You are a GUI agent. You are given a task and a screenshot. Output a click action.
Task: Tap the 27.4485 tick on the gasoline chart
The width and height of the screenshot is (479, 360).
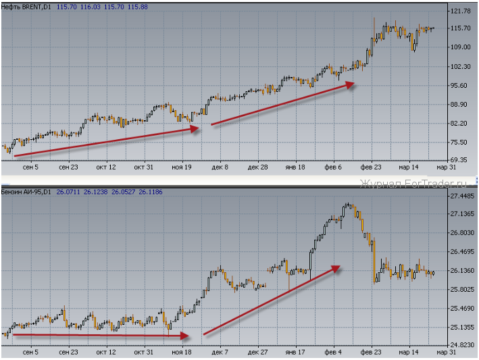[462, 196]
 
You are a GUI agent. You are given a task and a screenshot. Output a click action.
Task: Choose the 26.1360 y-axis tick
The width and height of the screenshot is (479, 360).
[462, 271]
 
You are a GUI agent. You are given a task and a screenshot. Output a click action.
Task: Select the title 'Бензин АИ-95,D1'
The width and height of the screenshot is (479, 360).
[25, 192]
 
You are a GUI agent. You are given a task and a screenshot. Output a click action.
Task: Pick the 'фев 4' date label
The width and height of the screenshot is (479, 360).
[332, 352]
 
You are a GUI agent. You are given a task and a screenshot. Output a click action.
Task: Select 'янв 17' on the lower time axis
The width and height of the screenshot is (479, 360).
[295, 352]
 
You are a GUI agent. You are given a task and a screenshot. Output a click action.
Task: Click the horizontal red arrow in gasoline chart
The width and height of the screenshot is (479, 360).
[101, 334]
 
